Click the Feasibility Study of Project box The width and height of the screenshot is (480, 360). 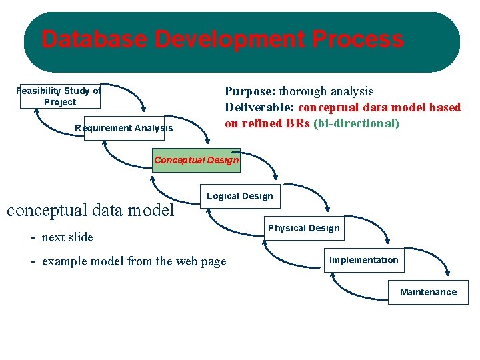pos(59,97)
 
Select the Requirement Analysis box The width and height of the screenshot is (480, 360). pos(123,128)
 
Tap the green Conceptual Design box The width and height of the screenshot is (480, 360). pos(196,160)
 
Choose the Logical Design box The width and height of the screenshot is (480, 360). pos(240,196)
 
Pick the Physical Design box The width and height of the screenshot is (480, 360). pos(303,228)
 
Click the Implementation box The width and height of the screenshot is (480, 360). pos(363,260)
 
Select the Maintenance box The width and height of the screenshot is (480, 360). pos(428,292)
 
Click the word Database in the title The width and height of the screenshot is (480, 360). pos(94,40)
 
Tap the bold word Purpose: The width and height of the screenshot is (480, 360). pos(250,91)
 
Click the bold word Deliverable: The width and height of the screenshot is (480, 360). pos(259,107)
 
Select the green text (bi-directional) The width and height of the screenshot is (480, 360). pos(356,123)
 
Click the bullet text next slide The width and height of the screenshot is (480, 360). pos(67,237)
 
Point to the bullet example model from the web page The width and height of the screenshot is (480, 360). pos(134,261)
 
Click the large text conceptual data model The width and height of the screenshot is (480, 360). pos(90,210)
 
